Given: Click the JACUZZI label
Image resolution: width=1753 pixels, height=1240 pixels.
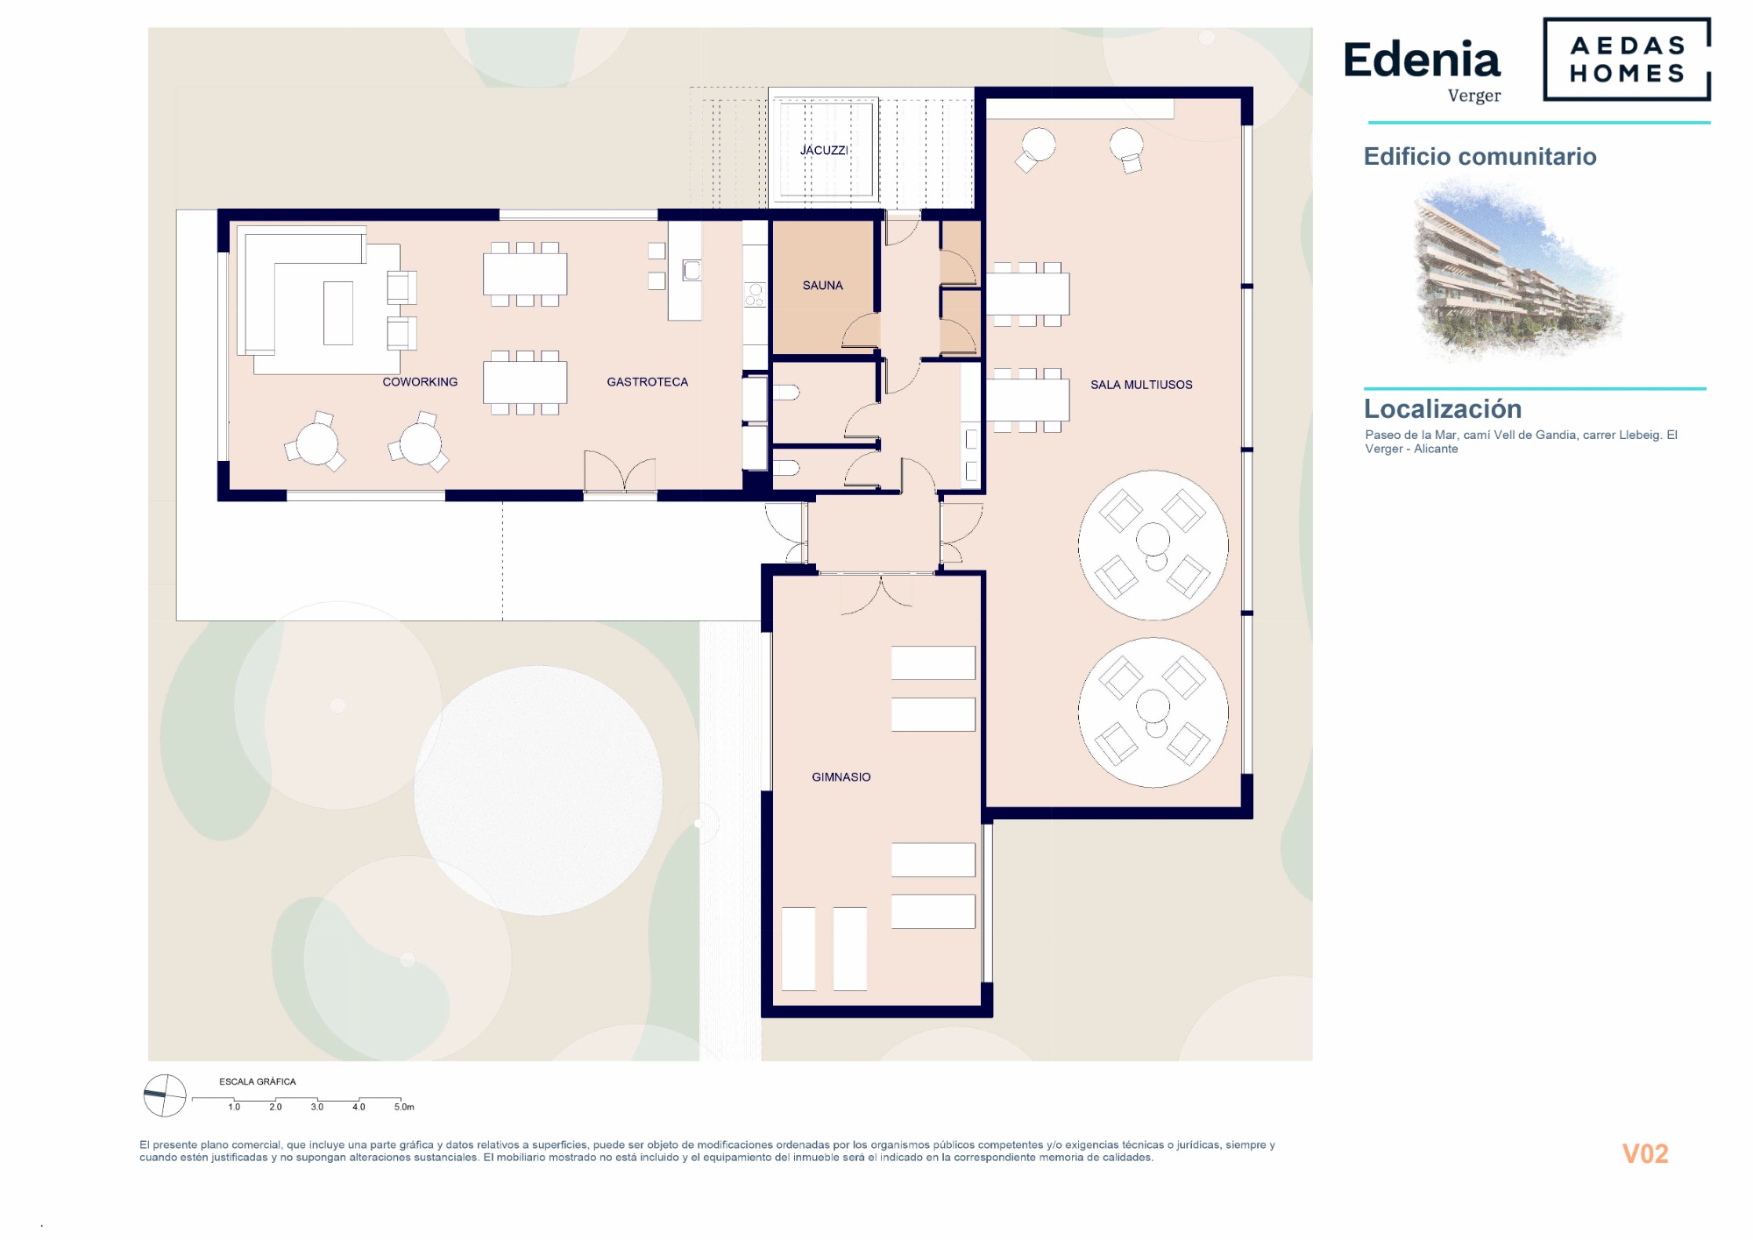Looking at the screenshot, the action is (x=824, y=150).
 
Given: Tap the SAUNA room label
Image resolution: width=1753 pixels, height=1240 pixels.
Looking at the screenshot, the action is (x=822, y=285).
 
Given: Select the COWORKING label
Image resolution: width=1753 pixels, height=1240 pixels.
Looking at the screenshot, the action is (x=420, y=381).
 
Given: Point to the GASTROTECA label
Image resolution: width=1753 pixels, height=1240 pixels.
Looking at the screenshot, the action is (x=647, y=381).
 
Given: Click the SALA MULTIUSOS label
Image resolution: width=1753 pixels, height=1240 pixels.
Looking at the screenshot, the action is (x=1141, y=384).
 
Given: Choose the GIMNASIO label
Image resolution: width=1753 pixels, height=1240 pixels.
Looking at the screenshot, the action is (x=841, y=776).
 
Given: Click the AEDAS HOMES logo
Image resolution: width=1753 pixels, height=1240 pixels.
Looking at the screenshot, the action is (x=1627, y=59).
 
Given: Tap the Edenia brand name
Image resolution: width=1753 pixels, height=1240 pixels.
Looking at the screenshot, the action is (x=1422, y=60).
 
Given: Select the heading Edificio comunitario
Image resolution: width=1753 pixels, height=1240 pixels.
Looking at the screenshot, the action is (x=1480, y=156).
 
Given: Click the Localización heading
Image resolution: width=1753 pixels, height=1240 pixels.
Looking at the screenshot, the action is (x=1443, y=408).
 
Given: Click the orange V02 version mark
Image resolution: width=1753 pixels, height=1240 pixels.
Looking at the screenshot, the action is (x=1645, y=1153).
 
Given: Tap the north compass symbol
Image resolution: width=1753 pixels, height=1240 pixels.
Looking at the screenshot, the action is (x=165, y=1095).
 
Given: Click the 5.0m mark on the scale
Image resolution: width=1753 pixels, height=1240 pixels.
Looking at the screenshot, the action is (x=403, y=1107).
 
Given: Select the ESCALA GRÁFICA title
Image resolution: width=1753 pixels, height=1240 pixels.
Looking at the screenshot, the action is (x=258, y=1081).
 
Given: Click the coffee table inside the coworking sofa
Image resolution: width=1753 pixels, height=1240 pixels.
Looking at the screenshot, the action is (x=338, y=313).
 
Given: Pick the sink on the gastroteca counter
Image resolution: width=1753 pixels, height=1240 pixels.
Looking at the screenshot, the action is (x=692, y=270).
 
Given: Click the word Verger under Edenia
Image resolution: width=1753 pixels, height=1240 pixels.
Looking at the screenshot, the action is (x=1474, y=96).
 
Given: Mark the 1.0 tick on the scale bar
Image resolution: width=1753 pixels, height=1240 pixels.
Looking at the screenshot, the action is (x=234, y=1107).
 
